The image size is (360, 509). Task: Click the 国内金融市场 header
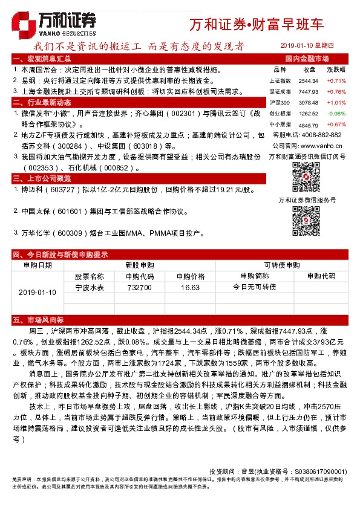tap(307, 59)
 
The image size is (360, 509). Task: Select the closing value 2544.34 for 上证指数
tap(309, 80)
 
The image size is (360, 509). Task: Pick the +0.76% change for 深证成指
tap(336, 91)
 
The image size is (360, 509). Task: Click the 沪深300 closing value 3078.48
tap(309, 102)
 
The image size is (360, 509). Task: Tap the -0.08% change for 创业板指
tap(336, 113)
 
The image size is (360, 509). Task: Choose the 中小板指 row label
tap(280, 124)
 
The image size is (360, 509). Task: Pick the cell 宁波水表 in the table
tap(90, 287)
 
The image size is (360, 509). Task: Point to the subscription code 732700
tap(139, 287)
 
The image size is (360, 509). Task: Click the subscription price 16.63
tap(190, 287)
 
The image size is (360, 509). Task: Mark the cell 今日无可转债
tap(254, 287)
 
